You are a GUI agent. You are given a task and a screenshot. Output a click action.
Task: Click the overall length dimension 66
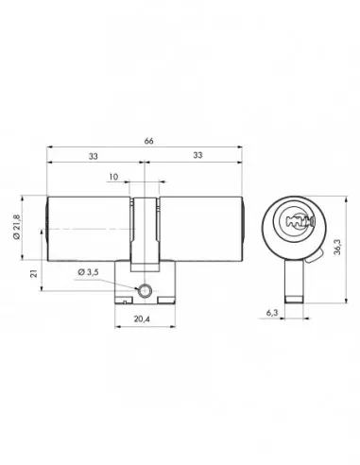click(x=146, y=139)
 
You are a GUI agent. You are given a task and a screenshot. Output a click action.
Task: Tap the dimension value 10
click(x=113, y=177)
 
